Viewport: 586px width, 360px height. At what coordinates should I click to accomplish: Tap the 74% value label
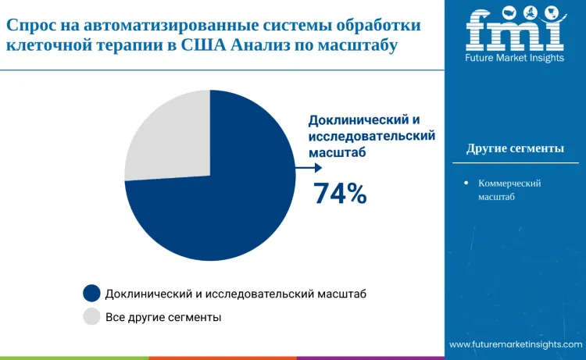[340, 193]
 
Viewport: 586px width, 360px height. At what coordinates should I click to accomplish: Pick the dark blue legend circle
[92, 293]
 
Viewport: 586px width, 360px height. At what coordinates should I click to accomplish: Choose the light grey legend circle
[92, 316]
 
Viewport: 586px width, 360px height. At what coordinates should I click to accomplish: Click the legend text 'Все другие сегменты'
[163, 317]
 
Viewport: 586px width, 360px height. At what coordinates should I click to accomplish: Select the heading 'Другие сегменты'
[515, 148]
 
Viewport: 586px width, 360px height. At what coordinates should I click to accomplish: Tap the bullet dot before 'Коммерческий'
[466, 183]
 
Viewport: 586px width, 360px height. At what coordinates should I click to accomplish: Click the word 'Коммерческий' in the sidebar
[509, 183]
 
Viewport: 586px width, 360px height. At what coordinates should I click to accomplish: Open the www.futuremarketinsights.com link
[516, 344]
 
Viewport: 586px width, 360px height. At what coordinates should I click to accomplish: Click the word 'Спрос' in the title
[30, 25]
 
